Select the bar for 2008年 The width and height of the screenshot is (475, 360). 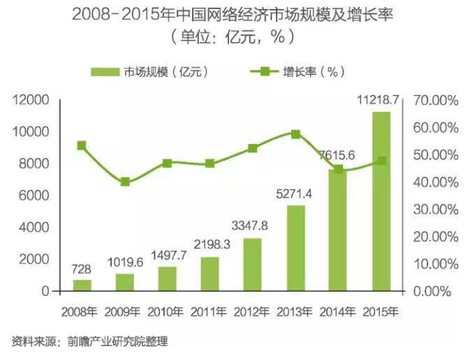(x=82, y=285)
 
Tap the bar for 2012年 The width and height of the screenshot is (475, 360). (x=252, y=264)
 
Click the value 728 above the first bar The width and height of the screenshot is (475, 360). (x=82, y=268)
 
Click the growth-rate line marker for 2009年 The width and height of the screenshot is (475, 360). (x=125, y=182)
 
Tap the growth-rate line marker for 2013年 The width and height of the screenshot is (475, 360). (x=295, y=134)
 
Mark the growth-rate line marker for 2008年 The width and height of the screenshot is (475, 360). (x=82, y=145)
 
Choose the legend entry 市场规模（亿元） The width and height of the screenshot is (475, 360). (x=150, y=71)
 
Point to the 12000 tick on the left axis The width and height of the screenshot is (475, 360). (x=31, y=101)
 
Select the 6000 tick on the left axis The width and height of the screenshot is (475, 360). (x=34, y=196)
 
